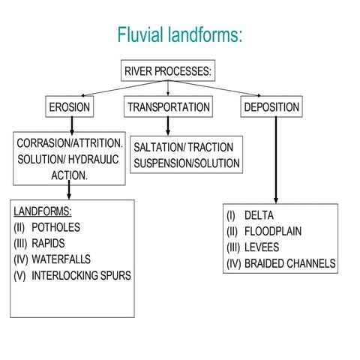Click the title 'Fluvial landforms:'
click(179, 34)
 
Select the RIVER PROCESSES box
click(168, 72)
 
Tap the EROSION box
click(69, 107)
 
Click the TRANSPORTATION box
click(168, 107)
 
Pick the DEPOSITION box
click(271, 107)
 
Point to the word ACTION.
click(68, 174)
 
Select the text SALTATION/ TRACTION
click(183, 147)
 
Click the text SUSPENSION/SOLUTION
click(186, 163)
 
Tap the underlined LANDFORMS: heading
click(42, 211)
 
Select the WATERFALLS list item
click(61, 259)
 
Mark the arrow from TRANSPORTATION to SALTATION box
click(169, 125)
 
